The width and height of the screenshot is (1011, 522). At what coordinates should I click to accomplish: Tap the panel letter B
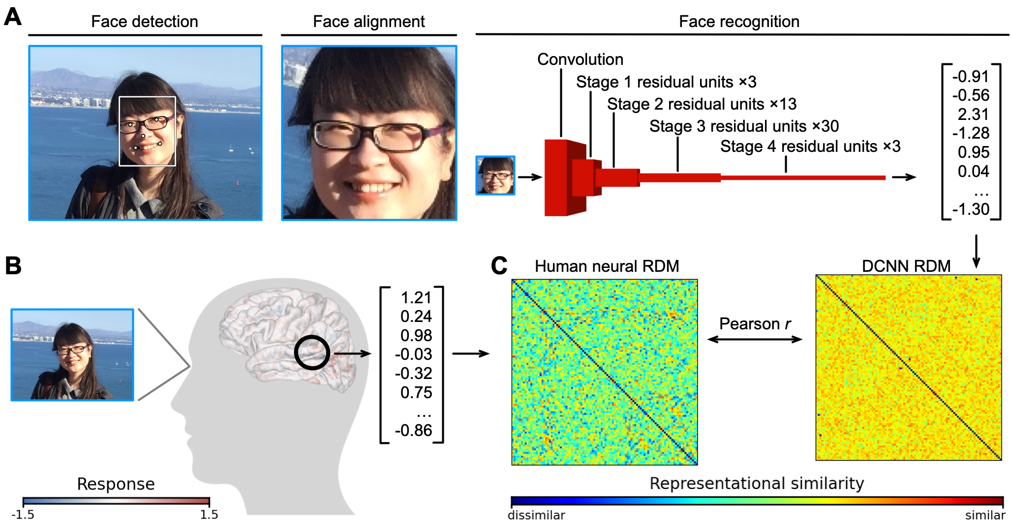click(13, 265)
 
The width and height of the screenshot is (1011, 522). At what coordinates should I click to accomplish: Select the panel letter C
click(499, 265)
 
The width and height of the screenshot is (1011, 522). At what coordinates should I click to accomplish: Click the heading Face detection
click(145, 22)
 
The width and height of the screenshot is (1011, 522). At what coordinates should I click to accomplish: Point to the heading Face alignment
click(368, 22)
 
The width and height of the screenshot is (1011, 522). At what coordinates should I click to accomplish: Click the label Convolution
click(580, 59)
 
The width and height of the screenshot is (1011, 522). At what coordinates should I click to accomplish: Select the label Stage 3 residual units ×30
click(744, 126)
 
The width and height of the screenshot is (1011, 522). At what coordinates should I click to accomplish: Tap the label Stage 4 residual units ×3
click(810, 146)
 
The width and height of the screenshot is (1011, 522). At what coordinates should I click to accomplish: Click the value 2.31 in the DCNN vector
click(973, 115)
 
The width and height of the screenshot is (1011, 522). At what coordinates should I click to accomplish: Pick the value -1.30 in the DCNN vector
click(971, 209)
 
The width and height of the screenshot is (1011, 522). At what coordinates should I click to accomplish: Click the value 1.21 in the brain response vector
click(416, 298)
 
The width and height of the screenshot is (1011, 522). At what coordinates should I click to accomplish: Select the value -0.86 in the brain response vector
click(413, 431)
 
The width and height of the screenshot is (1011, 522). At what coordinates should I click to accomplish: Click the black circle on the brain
click(312, 352)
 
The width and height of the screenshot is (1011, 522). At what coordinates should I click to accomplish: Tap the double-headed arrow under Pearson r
click(755, 339)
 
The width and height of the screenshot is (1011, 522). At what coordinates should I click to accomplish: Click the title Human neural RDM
click(607, 266)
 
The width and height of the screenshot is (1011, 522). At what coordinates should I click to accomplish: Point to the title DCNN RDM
click(906, 266)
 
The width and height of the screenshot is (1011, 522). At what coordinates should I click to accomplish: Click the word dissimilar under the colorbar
click(536, 515)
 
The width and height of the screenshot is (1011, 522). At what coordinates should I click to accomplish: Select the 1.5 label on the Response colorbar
click(209, 514)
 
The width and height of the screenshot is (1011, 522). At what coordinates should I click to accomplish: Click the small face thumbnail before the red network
click(495, 175)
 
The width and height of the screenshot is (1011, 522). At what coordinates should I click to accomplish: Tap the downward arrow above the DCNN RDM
click(977, 251)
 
